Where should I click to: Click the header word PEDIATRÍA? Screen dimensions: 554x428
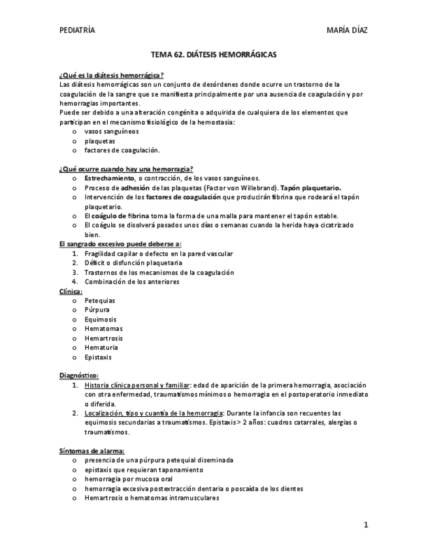[77, 30]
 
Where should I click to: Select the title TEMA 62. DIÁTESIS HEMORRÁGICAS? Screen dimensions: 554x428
[214, 56]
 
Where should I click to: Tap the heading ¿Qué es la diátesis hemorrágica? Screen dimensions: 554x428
[111, 75]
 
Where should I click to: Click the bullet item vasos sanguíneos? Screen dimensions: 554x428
[111, 131]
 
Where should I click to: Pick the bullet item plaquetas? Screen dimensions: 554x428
[99, 140]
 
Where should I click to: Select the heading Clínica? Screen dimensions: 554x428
[71, 291]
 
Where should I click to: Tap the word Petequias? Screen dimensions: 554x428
[100, 301]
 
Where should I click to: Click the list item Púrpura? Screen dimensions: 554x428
[97, 310]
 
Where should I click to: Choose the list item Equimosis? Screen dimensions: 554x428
[101, 319]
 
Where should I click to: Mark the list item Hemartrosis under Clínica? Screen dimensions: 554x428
[103, 338]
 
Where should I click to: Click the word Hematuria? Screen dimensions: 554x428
[101, 348]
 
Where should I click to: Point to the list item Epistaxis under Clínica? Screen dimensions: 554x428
[98, 357]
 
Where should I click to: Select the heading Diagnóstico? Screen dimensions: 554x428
[78, 376]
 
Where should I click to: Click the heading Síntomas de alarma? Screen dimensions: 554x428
[91, 451]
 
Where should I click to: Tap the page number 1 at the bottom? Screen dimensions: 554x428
[367, 524]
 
